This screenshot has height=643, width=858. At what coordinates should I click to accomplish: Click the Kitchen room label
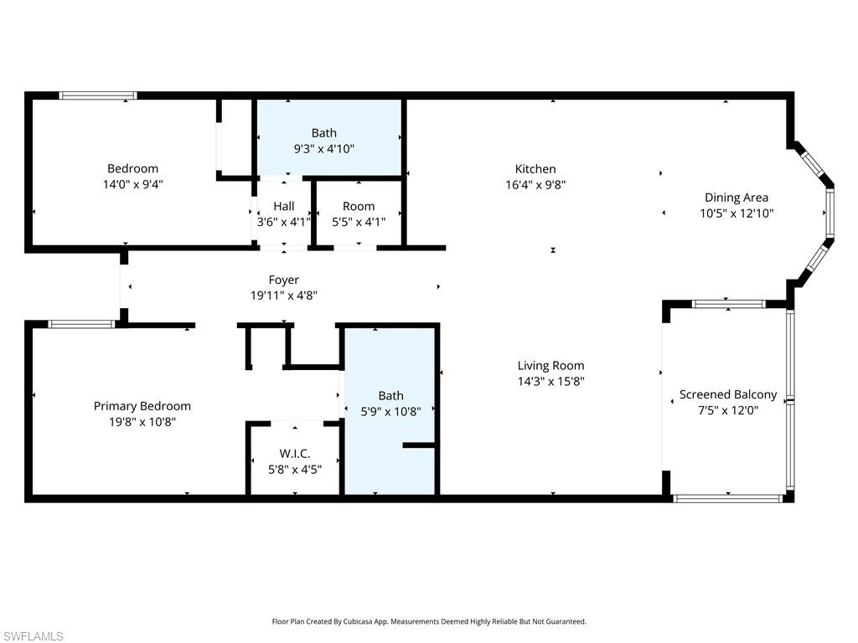pos(535,169)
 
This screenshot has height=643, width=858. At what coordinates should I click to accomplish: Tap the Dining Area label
pos(736,198)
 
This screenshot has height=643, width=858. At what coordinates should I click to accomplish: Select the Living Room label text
pos(550,365)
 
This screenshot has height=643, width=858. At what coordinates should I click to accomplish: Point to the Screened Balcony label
pos(727,394)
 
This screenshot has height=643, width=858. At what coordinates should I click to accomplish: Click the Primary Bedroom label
pos(142,406)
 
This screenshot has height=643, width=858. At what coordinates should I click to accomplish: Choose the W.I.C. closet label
pos(295,453)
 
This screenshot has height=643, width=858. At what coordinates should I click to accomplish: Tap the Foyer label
pos(283,280)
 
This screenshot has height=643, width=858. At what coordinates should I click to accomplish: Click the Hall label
pos(283,206)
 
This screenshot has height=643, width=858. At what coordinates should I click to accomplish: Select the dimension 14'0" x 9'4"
pos(132,184)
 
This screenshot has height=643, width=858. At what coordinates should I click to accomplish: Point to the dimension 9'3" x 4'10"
pos(323,148)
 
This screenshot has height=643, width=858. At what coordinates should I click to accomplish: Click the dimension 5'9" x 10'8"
pos(390,411)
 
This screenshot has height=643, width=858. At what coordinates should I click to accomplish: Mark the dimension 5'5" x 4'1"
pos(359,222)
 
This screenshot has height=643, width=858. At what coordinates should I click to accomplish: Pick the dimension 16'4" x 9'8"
pos(535,185)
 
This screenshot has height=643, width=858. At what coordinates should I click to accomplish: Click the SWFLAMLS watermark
pos(33,636)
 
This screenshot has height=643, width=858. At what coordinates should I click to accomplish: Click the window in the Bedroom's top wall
pos(98,95)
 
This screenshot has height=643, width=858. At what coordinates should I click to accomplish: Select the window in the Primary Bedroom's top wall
pos(81,324)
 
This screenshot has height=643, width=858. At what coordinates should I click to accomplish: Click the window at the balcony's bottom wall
pos(727,498)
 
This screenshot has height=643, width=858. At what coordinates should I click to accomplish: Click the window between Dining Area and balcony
pos(728,304)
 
